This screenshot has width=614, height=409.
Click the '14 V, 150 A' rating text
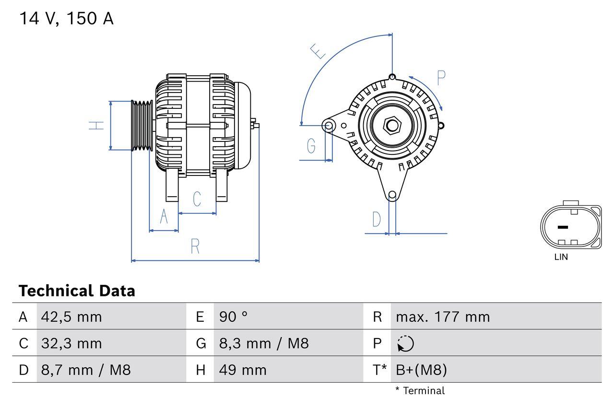[x=66, y=19]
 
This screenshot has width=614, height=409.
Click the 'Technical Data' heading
[x=77, y=291]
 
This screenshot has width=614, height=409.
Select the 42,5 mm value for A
[x=71, y=316]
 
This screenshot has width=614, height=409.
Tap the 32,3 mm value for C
[x=71, y=343]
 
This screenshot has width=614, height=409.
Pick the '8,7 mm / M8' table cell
[x=86, y=370]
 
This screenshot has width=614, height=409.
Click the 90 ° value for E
[x=234, y=316]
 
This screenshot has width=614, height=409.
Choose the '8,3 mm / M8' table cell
[x=264, y=343]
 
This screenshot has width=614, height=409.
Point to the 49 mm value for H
[x=243, y=370]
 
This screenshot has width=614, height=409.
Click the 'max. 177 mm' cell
[x=443, y=316]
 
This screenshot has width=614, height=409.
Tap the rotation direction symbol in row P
[x=405, y=344]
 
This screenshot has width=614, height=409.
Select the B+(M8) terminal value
[x=421, y=370]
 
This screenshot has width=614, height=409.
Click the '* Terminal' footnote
[x=420, y=391]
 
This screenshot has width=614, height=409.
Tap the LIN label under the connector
[x=561, y=257]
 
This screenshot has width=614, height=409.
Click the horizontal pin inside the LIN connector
[x=563, y=227]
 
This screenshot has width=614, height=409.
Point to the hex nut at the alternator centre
[x=392, y=126]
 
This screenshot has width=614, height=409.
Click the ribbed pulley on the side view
[x=142, y=126]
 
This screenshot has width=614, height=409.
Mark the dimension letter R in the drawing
[x=195, y=246]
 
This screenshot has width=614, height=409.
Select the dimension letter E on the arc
[x=317, y=51]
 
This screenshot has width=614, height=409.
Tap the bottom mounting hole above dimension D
[x=392, y=195]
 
